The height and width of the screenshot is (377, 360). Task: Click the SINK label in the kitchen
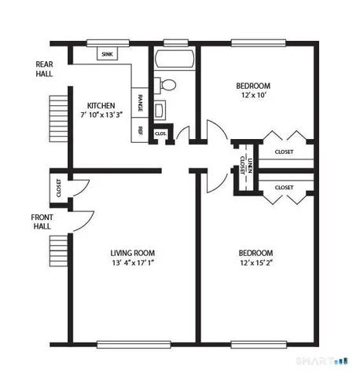[x=107, y=54]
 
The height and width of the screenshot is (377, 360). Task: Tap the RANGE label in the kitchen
[x=141, y=103]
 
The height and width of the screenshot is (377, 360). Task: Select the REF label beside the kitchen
[x=141, y=130]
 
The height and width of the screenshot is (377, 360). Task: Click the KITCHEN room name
[x=101, y=105]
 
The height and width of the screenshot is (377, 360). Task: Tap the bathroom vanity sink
[x=160, y=110]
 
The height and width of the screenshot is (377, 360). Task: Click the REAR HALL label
[x=45, y=69]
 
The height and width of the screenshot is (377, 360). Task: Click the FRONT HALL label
[x=42, y=221]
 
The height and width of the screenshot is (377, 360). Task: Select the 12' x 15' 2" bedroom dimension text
[x=255, y=264]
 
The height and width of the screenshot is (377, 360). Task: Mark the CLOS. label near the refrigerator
[x=160, y=134]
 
